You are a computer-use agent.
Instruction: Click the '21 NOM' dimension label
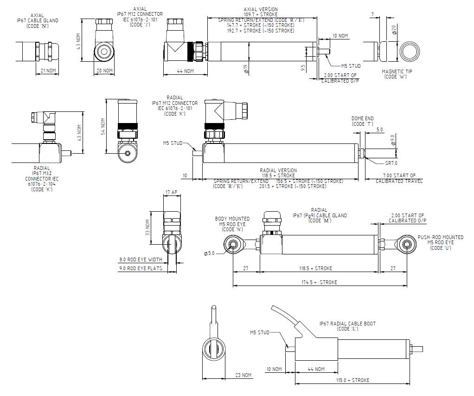(48, 71)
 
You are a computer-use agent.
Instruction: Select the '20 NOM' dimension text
(104, 71)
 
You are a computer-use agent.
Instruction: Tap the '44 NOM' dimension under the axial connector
(186, 71)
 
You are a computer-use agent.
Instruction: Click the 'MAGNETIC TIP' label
(397, 71)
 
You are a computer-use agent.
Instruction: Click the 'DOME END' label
(362, 119)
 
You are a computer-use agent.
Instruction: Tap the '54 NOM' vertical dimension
(103, 127)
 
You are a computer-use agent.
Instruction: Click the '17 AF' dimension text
(171, 192)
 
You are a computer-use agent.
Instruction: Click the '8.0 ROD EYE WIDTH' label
(141, 260)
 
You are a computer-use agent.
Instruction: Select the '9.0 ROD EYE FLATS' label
(141, 268)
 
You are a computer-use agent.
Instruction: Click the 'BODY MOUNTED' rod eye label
(232, 219)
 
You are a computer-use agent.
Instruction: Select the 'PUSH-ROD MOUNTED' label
(440, 237)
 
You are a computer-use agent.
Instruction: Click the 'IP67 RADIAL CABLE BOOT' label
(347, 324)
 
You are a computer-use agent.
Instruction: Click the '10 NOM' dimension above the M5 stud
(340, 36)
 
